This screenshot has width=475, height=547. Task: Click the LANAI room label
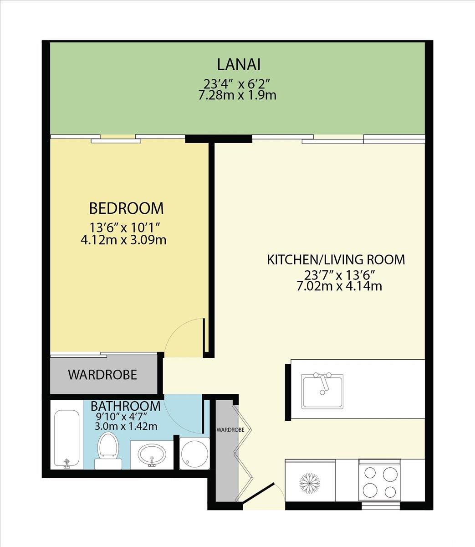pyautogui.click(x=239, y=65)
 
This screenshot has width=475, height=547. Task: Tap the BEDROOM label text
pyautogui.click(x=126, y=208)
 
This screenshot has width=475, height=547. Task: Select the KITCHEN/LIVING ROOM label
pyautogui.click(x=336, y=260)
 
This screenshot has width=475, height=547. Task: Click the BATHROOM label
pyautogui.click(x=126, y=406)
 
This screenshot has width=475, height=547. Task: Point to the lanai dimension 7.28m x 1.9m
pyautogui.click(x=237, y=95)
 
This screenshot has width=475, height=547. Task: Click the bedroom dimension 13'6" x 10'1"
pyautogui.click(x=124, y=228)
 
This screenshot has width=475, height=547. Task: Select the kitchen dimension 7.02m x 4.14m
pyautogui.click(x=339, y=286)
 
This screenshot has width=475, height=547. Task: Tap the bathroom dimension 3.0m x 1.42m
pyautogui.click(x=126, y=426)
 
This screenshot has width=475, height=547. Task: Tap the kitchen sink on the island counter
pyautogui.click(x=322, y=392)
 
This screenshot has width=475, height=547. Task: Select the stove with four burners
pyautogui.click(x=379, y=480)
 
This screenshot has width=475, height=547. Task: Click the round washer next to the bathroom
pyautogui.click(x=194, y=454)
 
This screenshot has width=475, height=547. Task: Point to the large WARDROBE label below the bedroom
pyautogui.click(x=102, y=375)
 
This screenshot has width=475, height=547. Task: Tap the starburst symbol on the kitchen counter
pyautogui.click(x=310, y=483)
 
